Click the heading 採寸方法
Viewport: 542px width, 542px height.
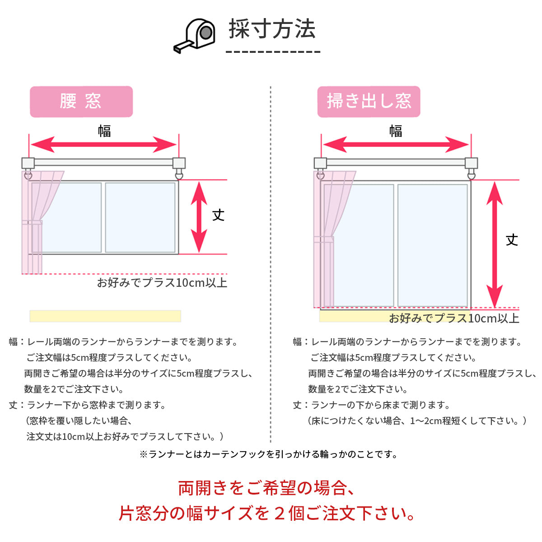[272, 29]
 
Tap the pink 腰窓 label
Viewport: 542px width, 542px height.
[81, 102]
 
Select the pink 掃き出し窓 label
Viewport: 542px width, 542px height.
[369, 102]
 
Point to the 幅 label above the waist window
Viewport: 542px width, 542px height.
[104, 131]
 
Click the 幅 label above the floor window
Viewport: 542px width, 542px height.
[396, 131]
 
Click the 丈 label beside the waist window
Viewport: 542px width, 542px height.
[219, 215]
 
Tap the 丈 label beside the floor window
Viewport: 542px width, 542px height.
[512, 240]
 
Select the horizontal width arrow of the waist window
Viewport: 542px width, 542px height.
[104, 145]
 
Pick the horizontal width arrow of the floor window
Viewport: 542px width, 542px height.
[396, 145]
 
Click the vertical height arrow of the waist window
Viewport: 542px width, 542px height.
[199, 217]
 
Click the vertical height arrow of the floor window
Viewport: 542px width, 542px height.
[495, 244]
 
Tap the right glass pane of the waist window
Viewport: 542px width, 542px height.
[140, 217]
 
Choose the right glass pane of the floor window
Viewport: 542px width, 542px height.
[432, 245]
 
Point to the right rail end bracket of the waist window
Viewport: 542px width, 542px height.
[179, 164]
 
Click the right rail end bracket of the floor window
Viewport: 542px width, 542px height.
[471, 164]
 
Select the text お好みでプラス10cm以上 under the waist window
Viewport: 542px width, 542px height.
[162, 283]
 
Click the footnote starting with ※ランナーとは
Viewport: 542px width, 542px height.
[269, 454]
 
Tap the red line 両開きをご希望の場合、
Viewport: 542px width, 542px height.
[266, 488]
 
